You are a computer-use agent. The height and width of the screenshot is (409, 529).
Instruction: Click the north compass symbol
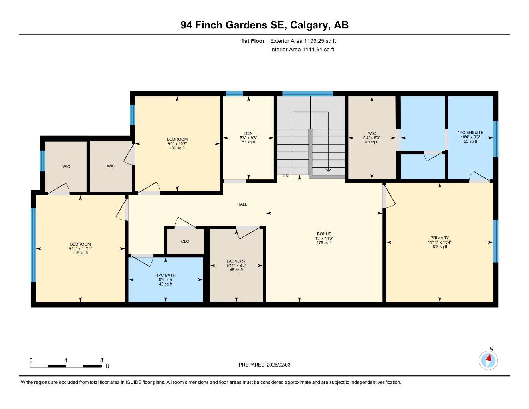(x=488, y=360)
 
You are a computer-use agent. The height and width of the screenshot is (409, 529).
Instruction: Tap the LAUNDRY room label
(x=236, y=261)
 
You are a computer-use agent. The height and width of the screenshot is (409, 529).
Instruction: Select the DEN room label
(x=248, y=133)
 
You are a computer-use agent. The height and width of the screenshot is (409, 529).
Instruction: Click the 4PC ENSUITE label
(x=470, y=133)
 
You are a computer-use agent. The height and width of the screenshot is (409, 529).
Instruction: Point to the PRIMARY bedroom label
(x=440, y=238)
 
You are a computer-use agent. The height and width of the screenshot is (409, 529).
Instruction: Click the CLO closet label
(x=185, y=242)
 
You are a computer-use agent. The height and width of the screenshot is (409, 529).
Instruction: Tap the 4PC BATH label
(x=166, y=275)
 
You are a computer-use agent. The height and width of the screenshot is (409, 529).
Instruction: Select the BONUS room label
(x=324, y=234)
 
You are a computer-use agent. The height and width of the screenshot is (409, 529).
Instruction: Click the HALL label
(x=242, y=204)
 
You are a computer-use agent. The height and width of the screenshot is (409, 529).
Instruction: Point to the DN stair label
(x=285, y=175)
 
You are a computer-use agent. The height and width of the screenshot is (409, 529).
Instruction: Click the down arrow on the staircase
(x=328, y=169)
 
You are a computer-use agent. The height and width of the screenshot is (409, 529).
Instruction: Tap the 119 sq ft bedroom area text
(x=81, y=253)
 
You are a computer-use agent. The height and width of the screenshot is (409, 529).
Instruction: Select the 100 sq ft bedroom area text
(x=177, y=148)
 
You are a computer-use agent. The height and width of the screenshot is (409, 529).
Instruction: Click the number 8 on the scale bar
(x=101, y=360)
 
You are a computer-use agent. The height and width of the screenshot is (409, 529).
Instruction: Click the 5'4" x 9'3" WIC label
(x=372, y=137)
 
